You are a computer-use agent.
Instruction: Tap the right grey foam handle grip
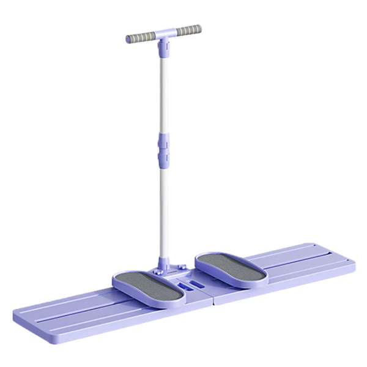(x=187, y=30)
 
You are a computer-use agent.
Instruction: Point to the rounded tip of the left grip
(x=128, y=40)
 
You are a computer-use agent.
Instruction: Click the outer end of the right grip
(x=199, y=28)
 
